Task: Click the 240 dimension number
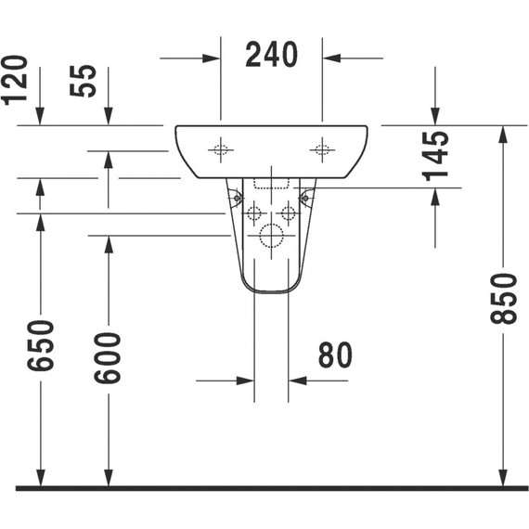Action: pos(271,56)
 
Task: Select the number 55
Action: pos(84,82)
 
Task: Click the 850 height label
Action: pos(503,299)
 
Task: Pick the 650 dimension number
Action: pos(40,345)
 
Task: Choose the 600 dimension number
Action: pos(108,357)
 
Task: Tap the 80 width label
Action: pos(335,355)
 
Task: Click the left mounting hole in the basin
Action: pos(220,149)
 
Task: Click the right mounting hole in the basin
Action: pos(322,149)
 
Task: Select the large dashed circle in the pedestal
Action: pos(271,236)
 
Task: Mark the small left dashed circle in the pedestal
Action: pos(253,213)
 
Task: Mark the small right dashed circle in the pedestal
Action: pos(288,213)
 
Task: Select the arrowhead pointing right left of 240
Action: pos(212,58)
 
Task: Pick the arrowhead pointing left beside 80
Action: pos(297,380)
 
